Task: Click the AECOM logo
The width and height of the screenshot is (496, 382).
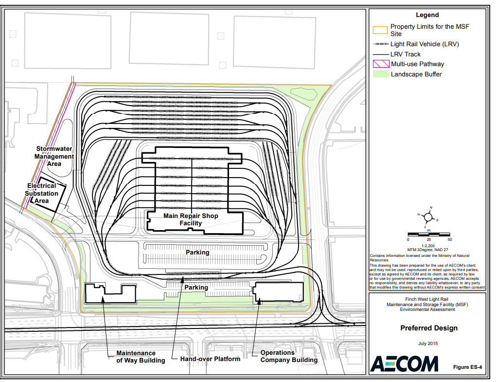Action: click(x=404, y=364)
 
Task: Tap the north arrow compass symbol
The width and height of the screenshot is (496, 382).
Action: click(x=428, y=217)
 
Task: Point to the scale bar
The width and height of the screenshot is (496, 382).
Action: click(x=429, y=235)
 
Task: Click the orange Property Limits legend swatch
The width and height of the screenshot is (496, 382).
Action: click(x=380, y=30)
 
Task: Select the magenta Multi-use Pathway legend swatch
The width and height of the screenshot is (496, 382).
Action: click(x=381, y=64)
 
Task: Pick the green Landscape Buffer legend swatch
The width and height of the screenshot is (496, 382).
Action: click(x=381, y=74)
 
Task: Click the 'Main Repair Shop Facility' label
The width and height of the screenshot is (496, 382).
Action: click(x=191, y=219)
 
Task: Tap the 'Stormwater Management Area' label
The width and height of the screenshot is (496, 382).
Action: click(x=54, y=156)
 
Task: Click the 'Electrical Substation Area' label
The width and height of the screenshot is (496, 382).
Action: click(x=41, y=193)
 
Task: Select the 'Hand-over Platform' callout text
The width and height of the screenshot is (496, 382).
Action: click(x=210, y=359)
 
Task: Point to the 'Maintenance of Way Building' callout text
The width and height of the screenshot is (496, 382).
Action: click(x=141, y=357)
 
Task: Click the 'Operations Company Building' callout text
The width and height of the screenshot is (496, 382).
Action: click(x=289, y=356)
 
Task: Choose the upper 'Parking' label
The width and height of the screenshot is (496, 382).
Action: click(x=197, y=252)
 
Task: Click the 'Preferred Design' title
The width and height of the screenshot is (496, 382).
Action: click(x=429, y=328)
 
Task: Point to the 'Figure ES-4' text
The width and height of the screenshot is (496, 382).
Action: click(x=467, y=367)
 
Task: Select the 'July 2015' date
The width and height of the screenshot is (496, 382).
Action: click(x=428, y=344)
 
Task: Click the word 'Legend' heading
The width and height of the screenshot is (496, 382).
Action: click(x=427, y=15)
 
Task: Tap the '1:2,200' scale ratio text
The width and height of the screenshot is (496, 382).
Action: click(x=428, y=246)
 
